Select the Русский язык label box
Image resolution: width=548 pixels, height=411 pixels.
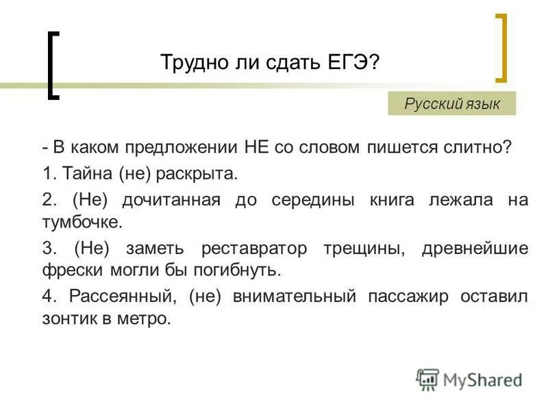click(452, 104)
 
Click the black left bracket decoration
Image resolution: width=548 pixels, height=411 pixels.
click(53, 66)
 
